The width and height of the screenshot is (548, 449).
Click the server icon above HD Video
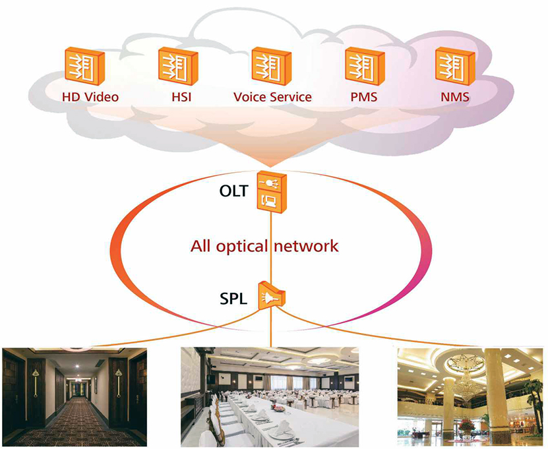click(82, 65)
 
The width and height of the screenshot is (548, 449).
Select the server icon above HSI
click(174, 65)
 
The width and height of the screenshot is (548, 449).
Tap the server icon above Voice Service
click(268, 65)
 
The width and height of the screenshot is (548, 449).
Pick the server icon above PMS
click(361, 65)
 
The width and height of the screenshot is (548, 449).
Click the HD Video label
click(90, 97)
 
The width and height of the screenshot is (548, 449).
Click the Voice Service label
click(272, 97)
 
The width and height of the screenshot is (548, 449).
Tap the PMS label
click(364, 97)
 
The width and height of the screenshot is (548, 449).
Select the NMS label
click(457, 97)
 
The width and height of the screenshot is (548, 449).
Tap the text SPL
click(233, 298)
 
